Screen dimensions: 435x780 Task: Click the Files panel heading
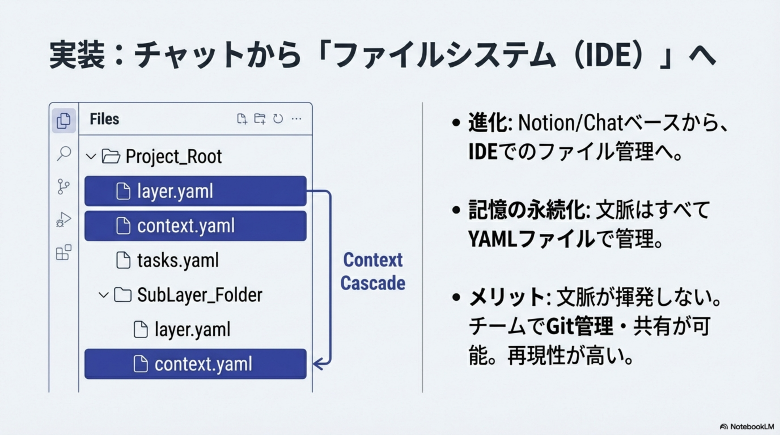[x=104, y=119]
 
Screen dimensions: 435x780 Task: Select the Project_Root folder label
[x=173, y=156]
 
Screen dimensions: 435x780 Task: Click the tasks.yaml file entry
[x=177, y=261]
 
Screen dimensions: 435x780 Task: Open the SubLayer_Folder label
[x=199, y=295]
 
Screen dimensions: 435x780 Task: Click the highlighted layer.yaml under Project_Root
[x=175, y=191]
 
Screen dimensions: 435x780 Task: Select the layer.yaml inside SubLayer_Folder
[x=192, y=329]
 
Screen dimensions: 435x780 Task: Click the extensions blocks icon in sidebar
[x=63, y=252]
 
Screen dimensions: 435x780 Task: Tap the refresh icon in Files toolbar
[x=278, y=119]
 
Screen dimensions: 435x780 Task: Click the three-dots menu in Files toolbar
[x=296, y=119]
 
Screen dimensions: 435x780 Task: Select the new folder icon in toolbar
[x=260, y=119]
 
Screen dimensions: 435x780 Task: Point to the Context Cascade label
[x=373, y=271]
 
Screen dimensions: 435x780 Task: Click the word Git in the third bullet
[x=560, y=327]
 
